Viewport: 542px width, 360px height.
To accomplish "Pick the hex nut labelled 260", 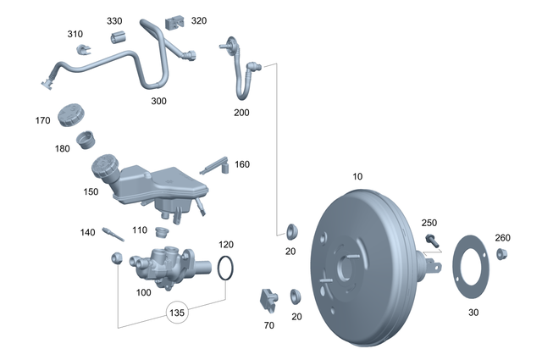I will point(501,253).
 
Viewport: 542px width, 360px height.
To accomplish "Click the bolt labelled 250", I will point(431,240).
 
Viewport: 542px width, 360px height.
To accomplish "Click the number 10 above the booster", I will point(357,176).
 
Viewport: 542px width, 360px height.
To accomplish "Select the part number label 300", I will point(158,101).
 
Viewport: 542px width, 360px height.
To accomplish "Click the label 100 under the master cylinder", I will point(143,292).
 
